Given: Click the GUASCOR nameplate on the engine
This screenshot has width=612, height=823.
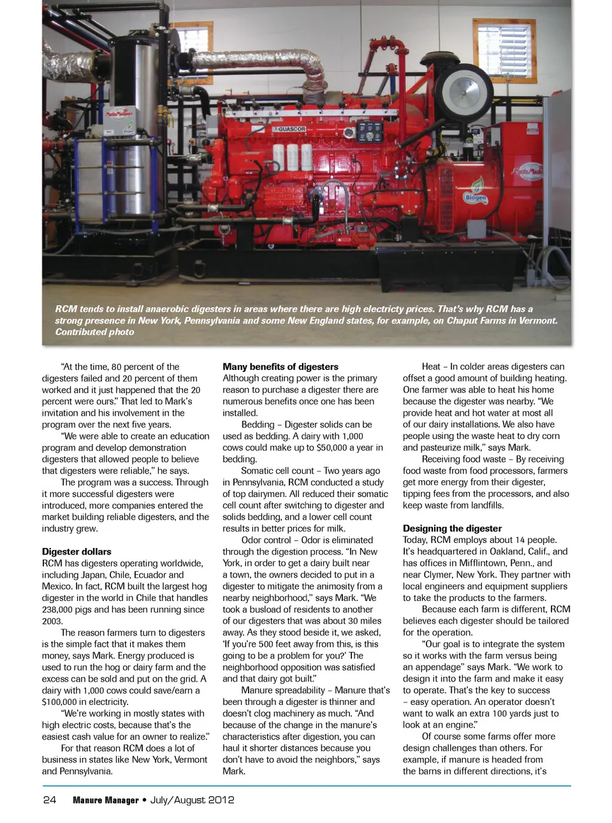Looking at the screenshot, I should [x=291, y=129].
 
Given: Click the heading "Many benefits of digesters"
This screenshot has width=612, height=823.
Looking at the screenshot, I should [x=280, y=366].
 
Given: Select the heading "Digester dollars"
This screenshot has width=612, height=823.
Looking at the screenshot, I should [x=76, y=551].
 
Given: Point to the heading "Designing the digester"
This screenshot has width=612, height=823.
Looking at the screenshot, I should [x=452, y=528].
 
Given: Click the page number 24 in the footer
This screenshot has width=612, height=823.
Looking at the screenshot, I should [x=49, y=800].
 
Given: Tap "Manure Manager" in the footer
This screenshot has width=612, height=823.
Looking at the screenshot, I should [x=105, y=800].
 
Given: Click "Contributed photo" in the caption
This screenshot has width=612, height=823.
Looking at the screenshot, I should [x=94, y=332].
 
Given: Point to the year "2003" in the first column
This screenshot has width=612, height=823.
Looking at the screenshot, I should [x=52, y=621].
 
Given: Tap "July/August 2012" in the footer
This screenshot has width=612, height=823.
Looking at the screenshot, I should [x=192, y=800].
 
